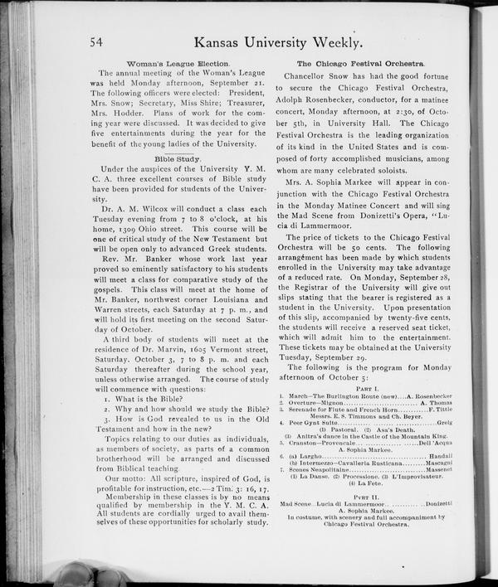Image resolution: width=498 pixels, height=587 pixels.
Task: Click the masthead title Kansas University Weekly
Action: coord(276,42)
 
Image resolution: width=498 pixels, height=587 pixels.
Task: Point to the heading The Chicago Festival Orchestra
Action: coord(360,64)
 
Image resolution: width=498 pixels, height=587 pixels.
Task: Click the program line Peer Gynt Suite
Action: coord(315,423)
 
